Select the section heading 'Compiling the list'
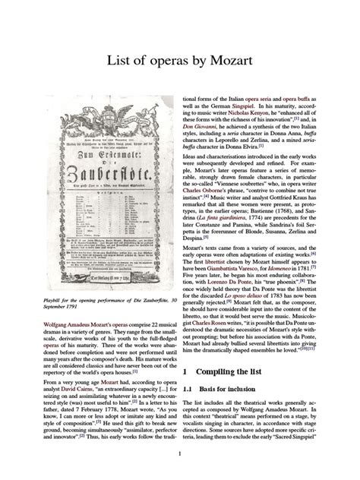click(x=227, y=372)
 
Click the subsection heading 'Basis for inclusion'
click(x=234, y=390)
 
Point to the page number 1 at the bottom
click(x=179, y=454)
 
